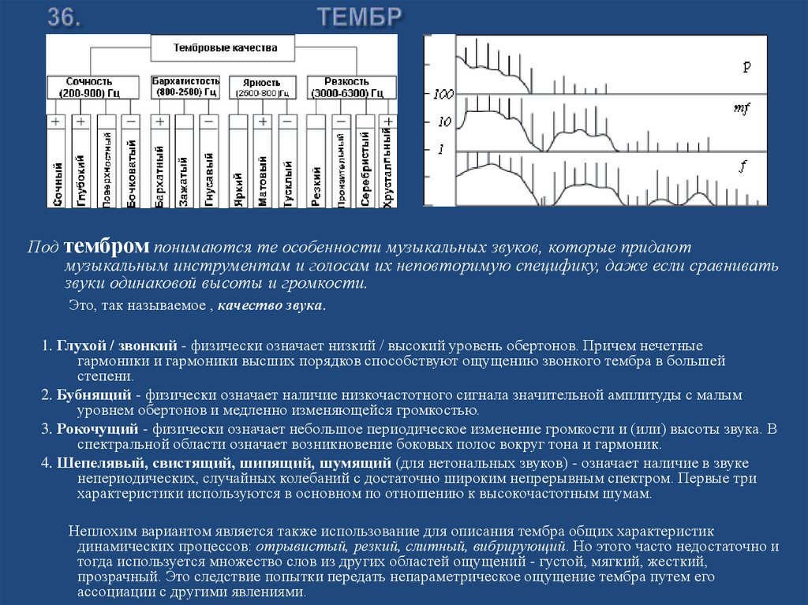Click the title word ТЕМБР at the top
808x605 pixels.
pyautogui.click(x=360, y=17)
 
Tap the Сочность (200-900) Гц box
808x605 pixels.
pyautogui.click(x=89, y=87)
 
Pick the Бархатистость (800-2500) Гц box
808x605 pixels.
pyautogui.click(x=185, y=87)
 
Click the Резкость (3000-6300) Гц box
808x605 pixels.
pyautogui.click(x=349, y=87)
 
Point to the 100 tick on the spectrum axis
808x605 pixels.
pyautogui.click(x=443, y=95)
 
